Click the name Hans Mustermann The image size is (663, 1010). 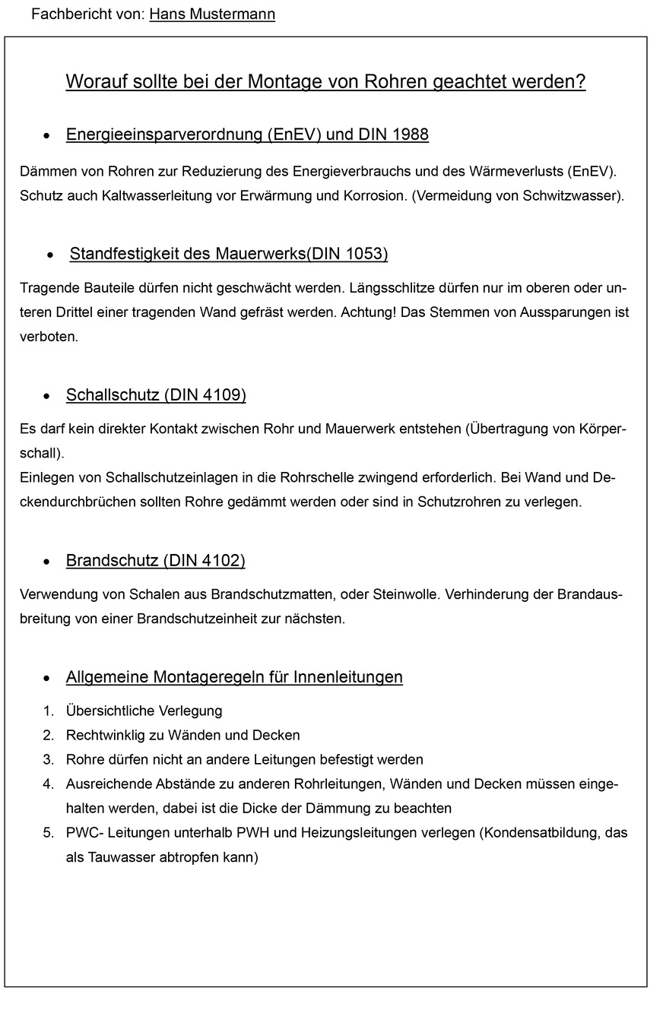(x=212, y=14)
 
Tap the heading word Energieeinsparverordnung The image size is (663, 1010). (x=163, y=135)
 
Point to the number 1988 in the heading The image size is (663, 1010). (x=411, y=135)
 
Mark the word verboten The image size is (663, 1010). (x=49, y=337)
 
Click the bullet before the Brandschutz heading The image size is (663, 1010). (x=47, y=562)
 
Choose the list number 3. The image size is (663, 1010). (x=48, y=760)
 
